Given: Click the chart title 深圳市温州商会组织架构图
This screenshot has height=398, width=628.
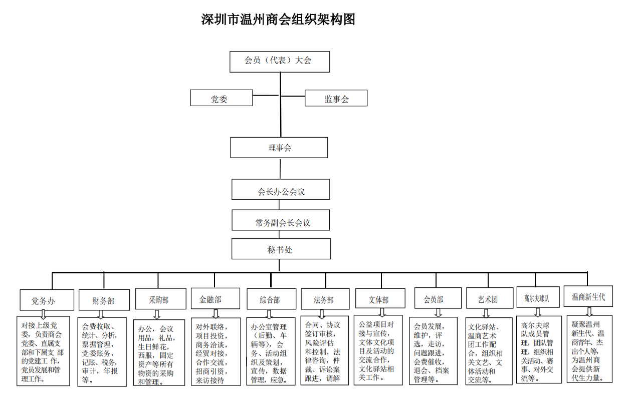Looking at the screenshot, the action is tap(278, 20).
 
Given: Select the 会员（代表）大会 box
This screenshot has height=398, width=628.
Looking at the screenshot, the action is tap(280, 62).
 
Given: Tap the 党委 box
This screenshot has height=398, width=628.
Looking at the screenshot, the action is tap(222, 98).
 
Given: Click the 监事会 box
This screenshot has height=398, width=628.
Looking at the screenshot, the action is tap(336, 98).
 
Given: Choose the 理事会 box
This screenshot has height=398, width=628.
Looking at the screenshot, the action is tap(279, 148).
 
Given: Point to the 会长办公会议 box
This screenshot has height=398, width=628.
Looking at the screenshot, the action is tap(281, 189).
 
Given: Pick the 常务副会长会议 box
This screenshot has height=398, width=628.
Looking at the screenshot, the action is tap(281, 220).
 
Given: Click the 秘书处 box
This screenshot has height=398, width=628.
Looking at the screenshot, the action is tap(281, 249).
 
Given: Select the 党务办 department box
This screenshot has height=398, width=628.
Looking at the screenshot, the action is tap(47, 300).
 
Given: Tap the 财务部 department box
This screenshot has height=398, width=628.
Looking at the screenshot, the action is tap(104, 300).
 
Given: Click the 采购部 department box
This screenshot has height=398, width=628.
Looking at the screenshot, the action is tap(161, 299).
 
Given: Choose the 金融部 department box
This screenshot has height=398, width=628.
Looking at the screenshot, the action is tap(216, 298).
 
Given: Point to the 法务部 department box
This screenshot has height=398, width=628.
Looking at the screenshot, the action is tap(325, 299).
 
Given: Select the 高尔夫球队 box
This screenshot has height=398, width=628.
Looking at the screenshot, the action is tap(538, 297).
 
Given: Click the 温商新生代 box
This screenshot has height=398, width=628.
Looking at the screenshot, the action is tap(588, 296).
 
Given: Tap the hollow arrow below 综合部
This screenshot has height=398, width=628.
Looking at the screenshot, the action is tap(269, 314).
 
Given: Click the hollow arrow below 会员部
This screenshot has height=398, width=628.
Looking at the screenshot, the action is tap(438, 313).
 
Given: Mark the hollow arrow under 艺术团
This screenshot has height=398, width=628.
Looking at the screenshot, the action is tap(486, 313).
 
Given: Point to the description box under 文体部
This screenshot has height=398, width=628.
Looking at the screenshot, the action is tap(378, 350).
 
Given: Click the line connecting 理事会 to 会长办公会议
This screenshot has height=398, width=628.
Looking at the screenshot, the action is tap(280, 169).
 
